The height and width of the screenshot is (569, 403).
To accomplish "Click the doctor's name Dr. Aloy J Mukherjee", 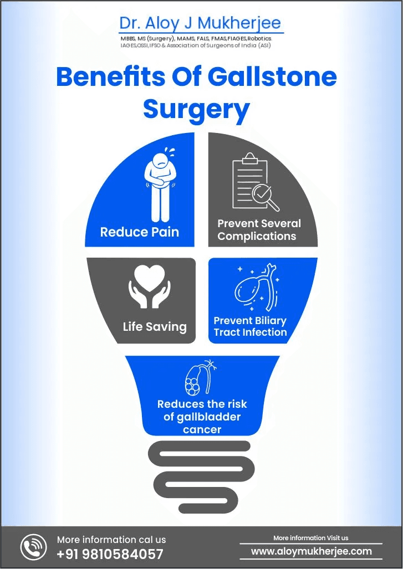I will (x=200, y=23).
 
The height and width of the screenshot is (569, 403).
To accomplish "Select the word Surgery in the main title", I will (x=196, y=109).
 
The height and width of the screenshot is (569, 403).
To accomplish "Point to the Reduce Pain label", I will (x=140, y=232).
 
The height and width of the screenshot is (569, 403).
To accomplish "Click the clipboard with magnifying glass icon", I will (x=254, y=182).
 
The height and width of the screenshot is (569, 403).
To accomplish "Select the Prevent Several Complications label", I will (x=259, y=230).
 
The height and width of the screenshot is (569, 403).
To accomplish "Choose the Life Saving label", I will (x=155, y=326).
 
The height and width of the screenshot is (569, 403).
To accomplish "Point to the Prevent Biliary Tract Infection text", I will (x=250, y=327).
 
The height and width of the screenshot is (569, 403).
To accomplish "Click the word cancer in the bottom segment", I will (x=202, y=429).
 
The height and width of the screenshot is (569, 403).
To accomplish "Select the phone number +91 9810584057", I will (x=110, y=553).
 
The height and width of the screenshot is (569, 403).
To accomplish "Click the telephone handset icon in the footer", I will (x=34, y=547).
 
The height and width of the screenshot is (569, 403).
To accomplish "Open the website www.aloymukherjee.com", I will (x=311, y=551).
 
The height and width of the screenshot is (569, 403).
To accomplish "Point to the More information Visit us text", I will (x=310, y=538).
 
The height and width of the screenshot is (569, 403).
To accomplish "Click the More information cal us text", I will (x=111, y=539).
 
